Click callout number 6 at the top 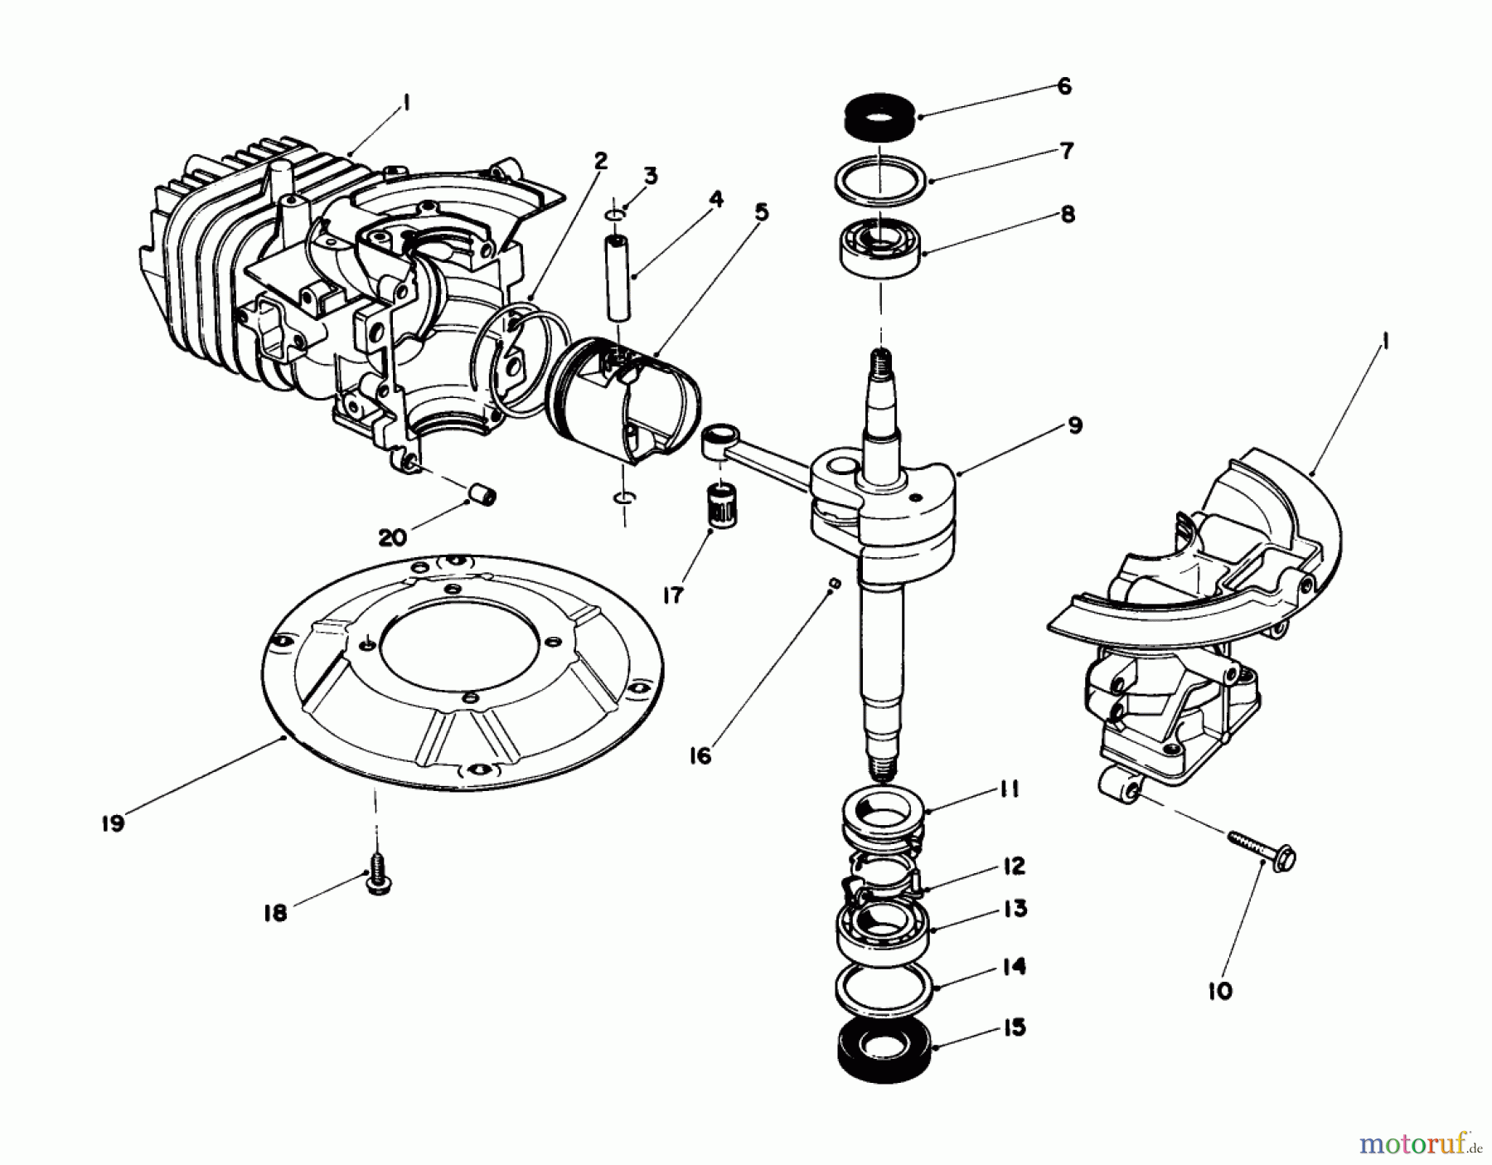pyautogui.click(x=1064, y=86)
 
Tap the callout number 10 pyautogui.click(x=1220, y=990)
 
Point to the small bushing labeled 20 pyautogui.click(x=481, y=495)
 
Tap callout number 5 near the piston pyautogui.click(x=761, y=212)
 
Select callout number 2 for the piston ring pyautogui.click(x=600, y=160)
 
